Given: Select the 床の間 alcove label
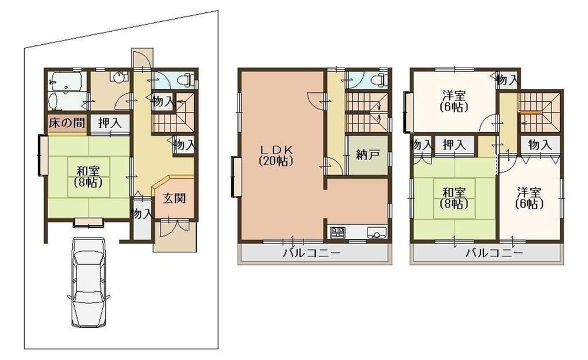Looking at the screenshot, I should (65, 124).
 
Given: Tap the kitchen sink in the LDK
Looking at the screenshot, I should (376, 233).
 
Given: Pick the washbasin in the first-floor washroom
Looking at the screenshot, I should (121, 76).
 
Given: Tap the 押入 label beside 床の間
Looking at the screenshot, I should (110, 124).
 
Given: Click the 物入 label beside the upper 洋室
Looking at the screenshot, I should (507, 79).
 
